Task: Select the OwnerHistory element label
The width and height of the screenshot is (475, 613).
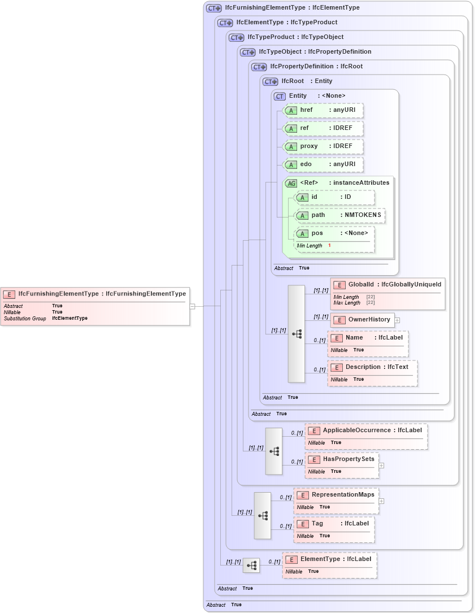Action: pos(369,320)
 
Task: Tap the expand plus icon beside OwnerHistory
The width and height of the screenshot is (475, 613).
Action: pos(397,320)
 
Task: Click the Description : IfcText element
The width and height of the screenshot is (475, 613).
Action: pos(373,367)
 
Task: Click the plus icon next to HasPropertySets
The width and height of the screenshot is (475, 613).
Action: pos(381,466)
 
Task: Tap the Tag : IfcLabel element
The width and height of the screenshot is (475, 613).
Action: pos(334,524)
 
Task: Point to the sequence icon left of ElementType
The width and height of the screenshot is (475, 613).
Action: pos(251,565)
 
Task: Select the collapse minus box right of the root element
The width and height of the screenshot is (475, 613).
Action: pos(193,306)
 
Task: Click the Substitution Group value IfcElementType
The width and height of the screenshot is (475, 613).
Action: pos(69,319)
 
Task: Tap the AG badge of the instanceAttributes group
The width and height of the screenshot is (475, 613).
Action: pos(291,183)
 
